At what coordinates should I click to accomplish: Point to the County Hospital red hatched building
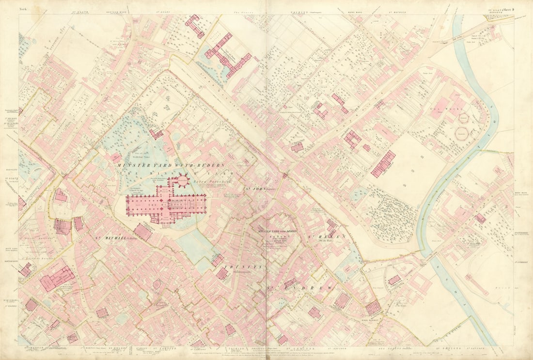[x=383, y=163]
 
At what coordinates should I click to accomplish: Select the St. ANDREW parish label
[x=300, y=288]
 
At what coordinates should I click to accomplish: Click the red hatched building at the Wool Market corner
[x=373, y=307]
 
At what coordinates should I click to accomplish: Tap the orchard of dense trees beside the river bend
[x=390, y=213]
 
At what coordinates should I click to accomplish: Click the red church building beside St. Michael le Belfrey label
[x=142, y=232]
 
